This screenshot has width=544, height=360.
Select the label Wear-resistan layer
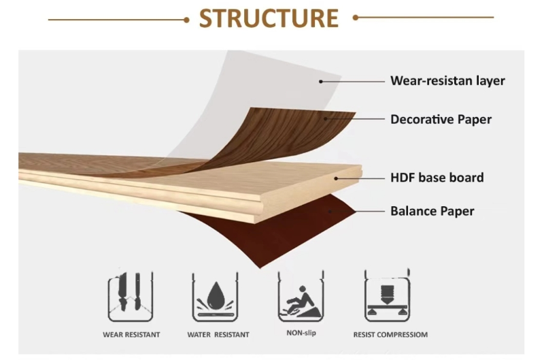(x=447, y=80)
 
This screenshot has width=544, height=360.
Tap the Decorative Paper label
(x=441, y=119)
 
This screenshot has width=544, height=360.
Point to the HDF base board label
(x=437, y=178)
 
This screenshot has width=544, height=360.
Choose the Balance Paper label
(x=432, y=210)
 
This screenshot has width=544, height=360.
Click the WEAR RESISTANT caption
(x=131, y=335)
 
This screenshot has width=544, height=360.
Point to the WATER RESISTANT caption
(x=218, y=335)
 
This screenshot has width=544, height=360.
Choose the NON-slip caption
(x=301, y=333)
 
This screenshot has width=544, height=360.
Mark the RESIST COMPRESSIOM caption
(x=390, y=335)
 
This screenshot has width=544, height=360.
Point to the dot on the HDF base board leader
(x=336, y=178)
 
